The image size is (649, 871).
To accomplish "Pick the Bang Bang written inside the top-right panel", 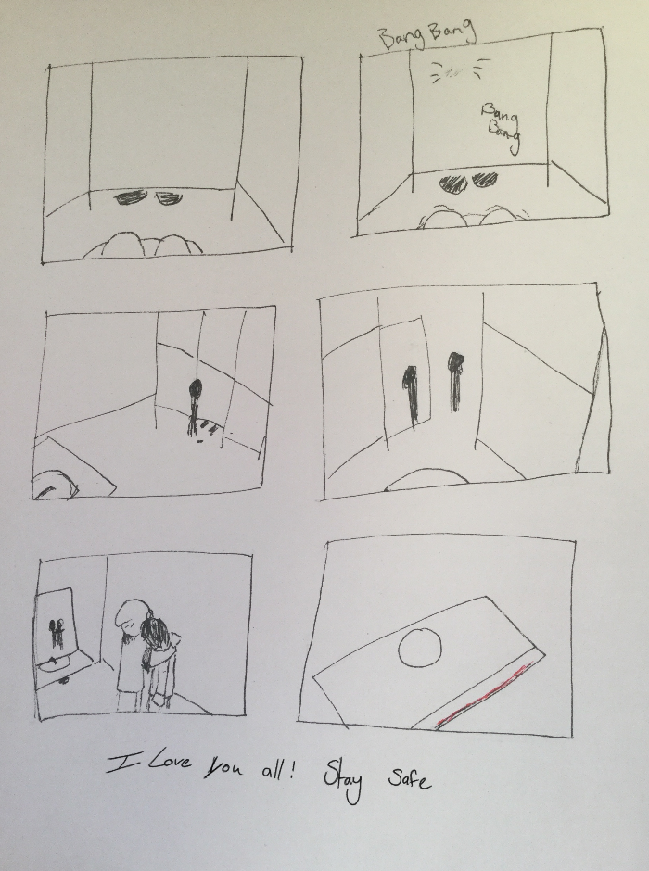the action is pos(500,127).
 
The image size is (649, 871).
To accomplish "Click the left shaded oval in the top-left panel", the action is pos(134,198).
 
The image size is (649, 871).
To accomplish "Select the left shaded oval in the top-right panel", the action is pos(452,183).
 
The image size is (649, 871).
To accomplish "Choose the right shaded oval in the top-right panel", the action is pos(485,181).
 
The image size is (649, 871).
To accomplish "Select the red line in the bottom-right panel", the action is pos(484,694).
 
